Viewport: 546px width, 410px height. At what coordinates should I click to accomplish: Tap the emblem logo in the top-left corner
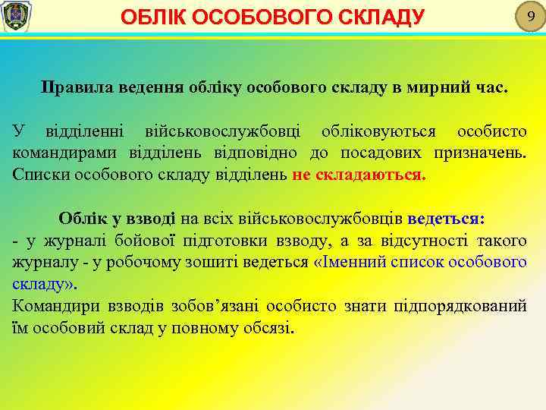point(14,17)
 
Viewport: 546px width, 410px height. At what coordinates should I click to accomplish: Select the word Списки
point(38,173)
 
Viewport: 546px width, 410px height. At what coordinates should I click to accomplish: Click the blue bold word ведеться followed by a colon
point(445,219)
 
